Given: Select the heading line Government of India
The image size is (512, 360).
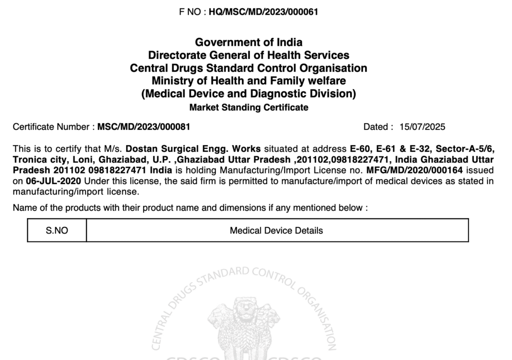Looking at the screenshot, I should coord(248,42).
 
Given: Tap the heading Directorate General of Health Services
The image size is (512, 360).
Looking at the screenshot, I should coord(248,55).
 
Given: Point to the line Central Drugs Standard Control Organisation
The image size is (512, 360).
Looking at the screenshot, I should coord(248,68).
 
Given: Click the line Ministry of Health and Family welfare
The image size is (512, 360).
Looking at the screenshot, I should coord(248,80).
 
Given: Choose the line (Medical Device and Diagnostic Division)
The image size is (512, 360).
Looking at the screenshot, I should coord(248,93).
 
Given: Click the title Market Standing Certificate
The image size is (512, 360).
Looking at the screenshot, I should coord(248,107).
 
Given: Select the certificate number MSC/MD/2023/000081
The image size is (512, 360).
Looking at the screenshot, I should coord(143,127).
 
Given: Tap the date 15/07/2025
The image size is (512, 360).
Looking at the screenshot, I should coord(422,127).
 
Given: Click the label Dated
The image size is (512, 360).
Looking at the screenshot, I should coord(377,127).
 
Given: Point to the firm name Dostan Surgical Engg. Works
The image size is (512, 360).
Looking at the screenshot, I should coord(193,149).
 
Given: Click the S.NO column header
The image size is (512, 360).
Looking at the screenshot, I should coord(57,230).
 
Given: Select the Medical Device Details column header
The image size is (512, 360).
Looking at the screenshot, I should coord(276,230).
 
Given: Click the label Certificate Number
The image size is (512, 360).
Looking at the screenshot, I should coord(52,127).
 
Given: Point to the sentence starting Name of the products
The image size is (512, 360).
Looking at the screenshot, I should coord(190,207).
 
